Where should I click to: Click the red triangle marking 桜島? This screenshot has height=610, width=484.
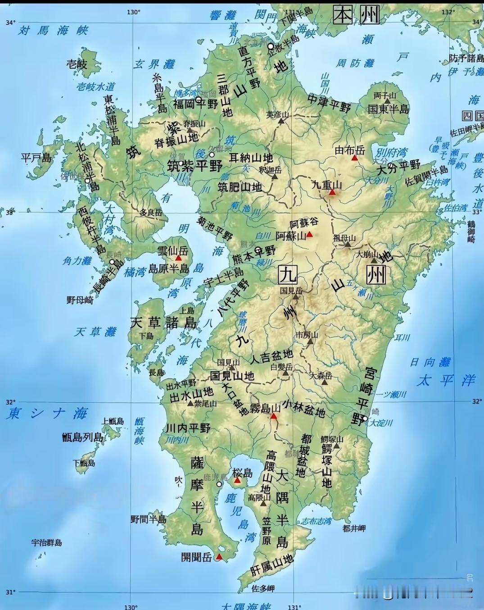coord(237,480)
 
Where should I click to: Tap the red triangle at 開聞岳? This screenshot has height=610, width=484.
coord(219,557)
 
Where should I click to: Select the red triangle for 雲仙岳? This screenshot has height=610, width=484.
coord(178,258)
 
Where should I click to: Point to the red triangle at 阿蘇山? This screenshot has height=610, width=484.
coord(309,234)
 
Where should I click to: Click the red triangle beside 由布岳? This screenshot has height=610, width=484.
coord(355,158)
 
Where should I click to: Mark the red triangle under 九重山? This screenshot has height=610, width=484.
coord(332,192)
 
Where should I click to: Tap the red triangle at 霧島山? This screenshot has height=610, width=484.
coord(273,416)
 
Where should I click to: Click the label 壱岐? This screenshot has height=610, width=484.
coord(77,64)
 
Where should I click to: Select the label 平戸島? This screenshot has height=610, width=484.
coord(36,157)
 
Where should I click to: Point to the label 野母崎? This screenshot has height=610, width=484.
coord(80,300)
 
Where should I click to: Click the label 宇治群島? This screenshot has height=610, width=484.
coord(46,543)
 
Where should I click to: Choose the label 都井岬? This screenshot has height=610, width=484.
coord(354,528)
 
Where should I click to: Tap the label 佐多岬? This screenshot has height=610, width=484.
coord(263,588)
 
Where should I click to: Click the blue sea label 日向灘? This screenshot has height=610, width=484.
coord(430,362)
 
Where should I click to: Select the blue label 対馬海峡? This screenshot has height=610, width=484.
coord(53,31)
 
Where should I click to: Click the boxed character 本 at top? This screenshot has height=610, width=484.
coord(343,15)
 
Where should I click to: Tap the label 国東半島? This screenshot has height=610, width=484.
coord(388,109)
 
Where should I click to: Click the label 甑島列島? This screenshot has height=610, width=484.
coord(83,437)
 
